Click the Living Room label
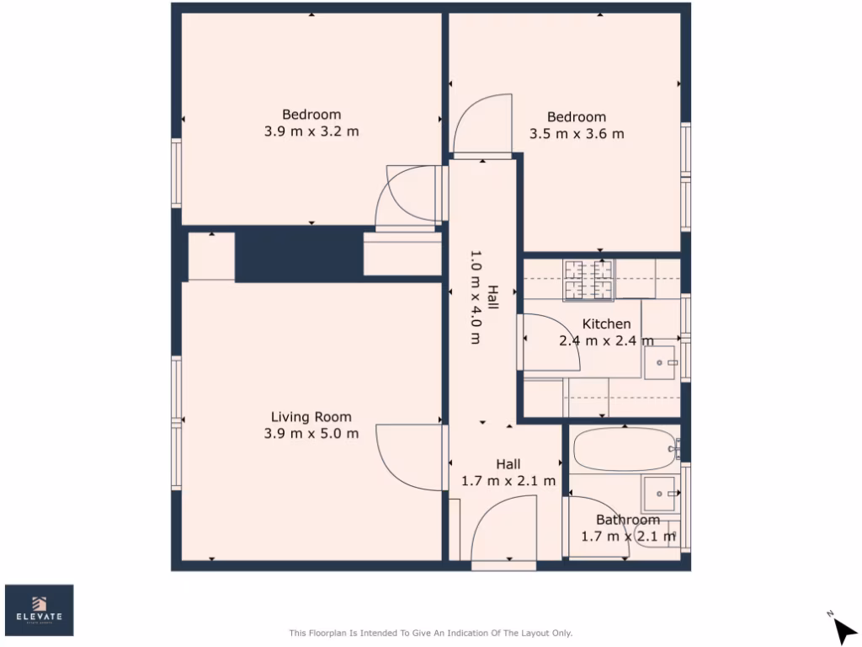pos(311,417)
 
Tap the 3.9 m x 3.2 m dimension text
pos(311,131)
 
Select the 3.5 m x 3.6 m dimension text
pos(577,134)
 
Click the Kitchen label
pos(606,324)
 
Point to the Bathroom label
pos(627,520)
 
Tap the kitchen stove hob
pos(588,280)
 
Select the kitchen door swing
pos(549,341)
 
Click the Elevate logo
pos(40,610)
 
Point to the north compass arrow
pos(843,628)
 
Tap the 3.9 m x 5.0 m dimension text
pos(311,434)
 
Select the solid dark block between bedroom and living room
pos(298,254)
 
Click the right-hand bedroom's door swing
pos(482,125)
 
